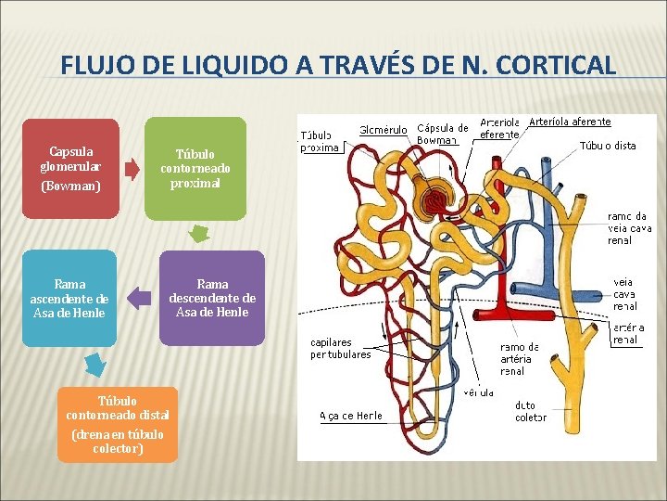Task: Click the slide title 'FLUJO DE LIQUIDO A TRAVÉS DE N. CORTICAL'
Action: coord(337,66)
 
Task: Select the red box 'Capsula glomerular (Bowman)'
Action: coord(70,168)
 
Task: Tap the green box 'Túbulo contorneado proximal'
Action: coord(195,168)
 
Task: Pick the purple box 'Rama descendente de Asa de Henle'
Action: coord(212,298)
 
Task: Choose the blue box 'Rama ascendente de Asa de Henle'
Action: coord(69,298)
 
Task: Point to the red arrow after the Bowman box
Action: coord(132,168)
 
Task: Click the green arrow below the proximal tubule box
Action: coord(197,234)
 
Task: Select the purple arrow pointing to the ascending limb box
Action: coord(139,298)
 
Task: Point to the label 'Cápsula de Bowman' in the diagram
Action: coord(443,134)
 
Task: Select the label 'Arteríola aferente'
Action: coord(569,122)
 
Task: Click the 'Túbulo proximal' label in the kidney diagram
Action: coord(321,140)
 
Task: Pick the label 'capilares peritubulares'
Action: coord(340,348)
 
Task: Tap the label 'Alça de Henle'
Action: coord(350,415)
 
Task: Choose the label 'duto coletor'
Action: coord(530,411)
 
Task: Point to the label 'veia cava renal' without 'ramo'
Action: coord(624,294)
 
